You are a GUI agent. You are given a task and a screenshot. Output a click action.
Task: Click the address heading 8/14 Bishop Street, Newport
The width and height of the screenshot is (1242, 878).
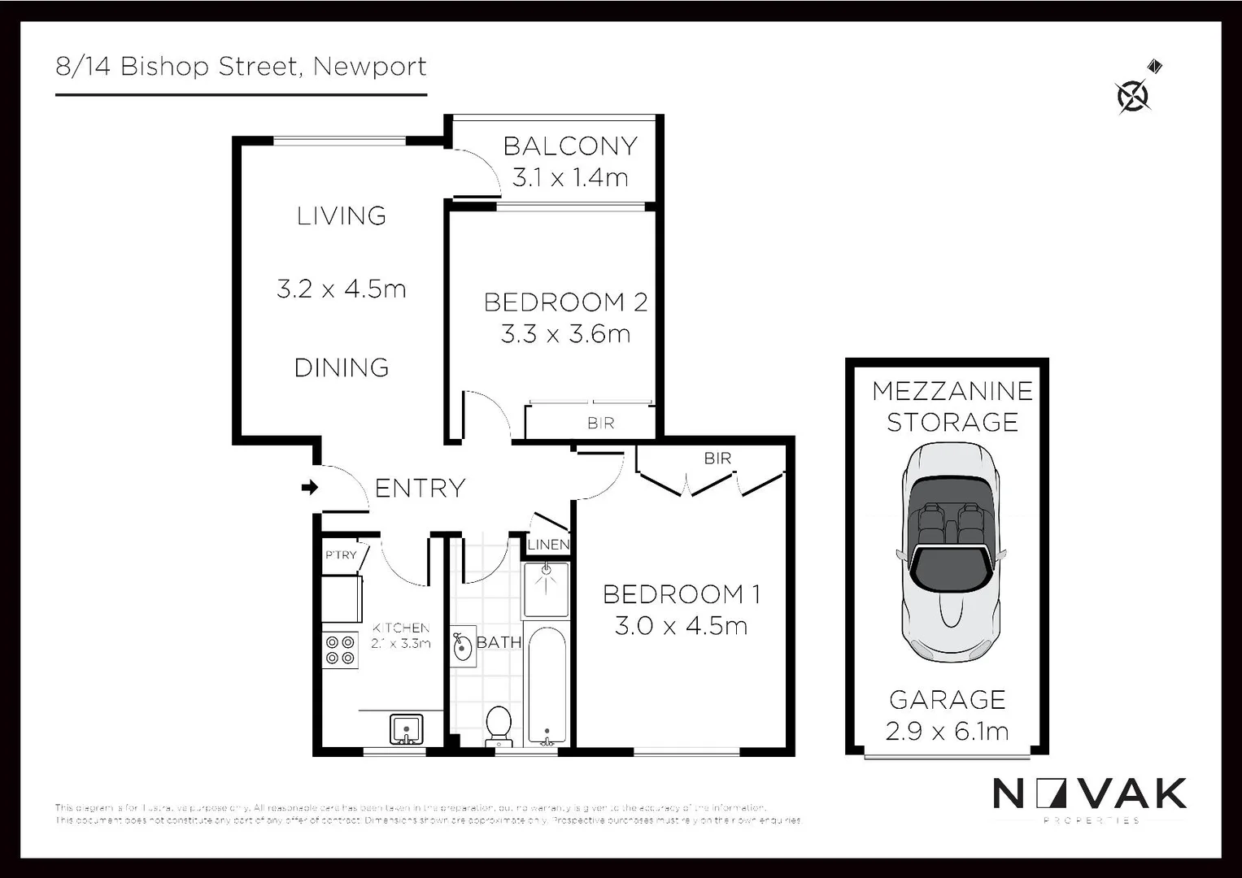241,67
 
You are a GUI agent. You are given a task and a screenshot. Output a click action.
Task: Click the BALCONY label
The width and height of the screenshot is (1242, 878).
570,146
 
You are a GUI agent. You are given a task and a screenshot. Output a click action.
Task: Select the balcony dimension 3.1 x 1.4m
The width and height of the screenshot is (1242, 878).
570,177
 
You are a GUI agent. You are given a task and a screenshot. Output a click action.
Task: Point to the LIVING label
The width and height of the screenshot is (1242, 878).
342,216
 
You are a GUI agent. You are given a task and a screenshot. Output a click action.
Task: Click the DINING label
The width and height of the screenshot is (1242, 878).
342,367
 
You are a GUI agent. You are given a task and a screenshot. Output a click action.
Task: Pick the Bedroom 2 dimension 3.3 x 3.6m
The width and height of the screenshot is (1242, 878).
565,334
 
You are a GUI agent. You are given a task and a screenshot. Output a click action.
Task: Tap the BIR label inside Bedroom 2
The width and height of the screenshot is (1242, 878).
600,424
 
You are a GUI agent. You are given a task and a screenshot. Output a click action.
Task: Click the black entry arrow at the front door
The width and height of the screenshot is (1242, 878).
309,488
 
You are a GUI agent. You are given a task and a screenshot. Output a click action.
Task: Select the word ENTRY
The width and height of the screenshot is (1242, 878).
420,488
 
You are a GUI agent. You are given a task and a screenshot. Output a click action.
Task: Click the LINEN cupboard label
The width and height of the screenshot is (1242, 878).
548,545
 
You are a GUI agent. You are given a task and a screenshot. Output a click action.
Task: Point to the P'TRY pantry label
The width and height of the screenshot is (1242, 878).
341,555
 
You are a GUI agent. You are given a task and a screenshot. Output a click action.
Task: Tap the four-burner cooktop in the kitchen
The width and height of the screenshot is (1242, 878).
341,650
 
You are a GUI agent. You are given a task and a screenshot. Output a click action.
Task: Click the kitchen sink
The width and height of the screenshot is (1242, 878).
405,728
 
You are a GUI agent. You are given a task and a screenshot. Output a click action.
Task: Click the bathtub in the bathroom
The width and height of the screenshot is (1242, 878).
547,685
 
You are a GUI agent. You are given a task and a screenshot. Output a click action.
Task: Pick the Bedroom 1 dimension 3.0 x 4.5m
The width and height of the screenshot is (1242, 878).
681,626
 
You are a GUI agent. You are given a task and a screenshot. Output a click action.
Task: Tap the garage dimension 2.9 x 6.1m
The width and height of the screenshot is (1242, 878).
948,731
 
